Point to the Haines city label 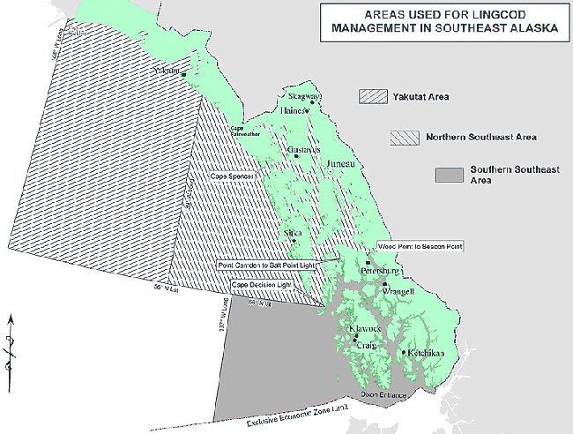[293, 111]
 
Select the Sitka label [294, 234]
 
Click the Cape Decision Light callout [263, 286]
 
